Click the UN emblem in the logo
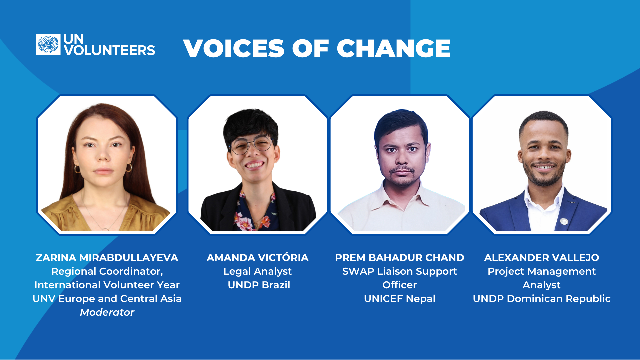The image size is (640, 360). [48, 44]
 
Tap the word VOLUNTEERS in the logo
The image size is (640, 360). [109, 51]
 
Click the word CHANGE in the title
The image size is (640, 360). [393, 49]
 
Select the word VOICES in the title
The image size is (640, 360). [233, 49]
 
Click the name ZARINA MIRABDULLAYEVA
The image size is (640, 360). [107, 258]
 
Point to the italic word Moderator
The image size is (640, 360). [107, 312]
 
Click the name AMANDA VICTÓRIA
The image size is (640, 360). [258, 258]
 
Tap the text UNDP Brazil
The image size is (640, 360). [259, 285]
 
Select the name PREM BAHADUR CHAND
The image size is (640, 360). [399, 258]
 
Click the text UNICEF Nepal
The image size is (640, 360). [399, 299]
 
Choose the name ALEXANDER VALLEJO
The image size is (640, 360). [542, 258]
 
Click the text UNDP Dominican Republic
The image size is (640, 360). [542, 299]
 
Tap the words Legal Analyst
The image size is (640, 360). [258, 271]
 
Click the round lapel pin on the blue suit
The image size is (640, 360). [564, 221]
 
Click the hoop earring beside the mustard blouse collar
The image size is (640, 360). [129, 167]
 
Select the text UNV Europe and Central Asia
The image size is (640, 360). [107, 299]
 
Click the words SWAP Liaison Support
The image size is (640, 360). [399, 271]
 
